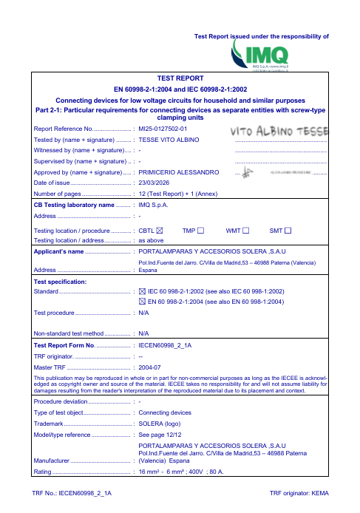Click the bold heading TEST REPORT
click(x=180, y=78)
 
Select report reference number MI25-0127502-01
click(x=169, y=128)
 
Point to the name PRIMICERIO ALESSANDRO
click(x=180, y=171)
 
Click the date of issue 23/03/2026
click(x=156, y=183)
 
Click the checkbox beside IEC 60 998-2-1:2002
click(x=143, y=292)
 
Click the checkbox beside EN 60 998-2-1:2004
click(x=143, y=302)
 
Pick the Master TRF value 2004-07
click(x=151, y=367)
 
